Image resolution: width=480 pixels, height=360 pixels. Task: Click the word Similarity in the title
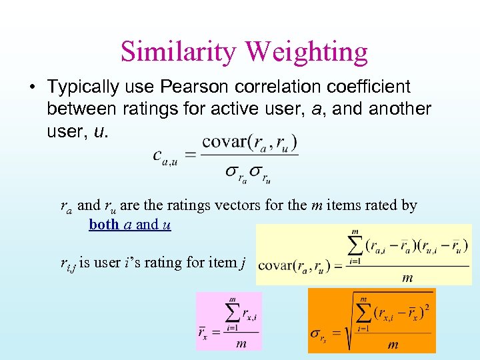(177, 51)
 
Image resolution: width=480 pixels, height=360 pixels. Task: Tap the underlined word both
(103, 225)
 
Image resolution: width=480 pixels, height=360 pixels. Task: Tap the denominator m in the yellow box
(407, 277)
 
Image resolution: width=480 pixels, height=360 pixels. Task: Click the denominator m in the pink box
(241, 344)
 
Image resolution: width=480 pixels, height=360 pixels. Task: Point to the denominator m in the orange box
(393, 345)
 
